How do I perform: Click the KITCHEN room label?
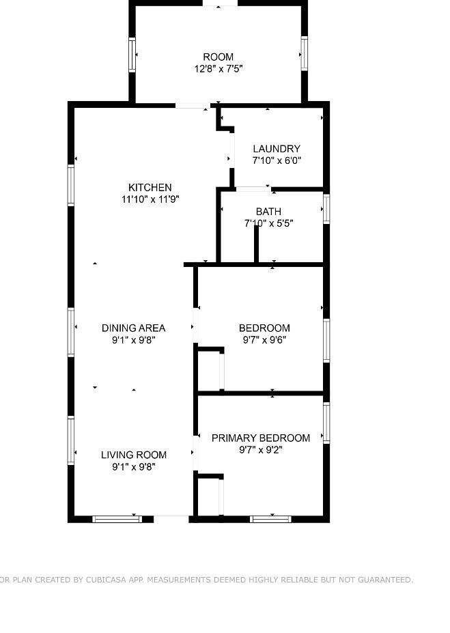pos(150,187)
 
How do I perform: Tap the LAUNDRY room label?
pos(277,149)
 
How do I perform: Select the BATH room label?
pos(268,212)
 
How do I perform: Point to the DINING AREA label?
pos(134,328)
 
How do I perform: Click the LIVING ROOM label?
pos(134,455)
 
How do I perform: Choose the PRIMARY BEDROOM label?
pos(261,438)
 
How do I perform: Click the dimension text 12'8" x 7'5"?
pos(219,68)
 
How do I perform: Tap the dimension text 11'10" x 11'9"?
pos(150,199)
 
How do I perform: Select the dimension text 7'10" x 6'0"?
pos(277,160)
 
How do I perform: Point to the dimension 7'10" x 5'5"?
pos(268,223)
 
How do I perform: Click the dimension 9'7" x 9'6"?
pos(264,339)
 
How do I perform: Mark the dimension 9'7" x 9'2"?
pos(261,449)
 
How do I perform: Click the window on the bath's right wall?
pos(326,209)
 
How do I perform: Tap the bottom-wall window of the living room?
pos(117,519)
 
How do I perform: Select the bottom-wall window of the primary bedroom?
pos(270,519)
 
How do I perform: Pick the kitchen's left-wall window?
pos(70,185)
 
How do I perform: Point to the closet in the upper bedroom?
pos(208,371)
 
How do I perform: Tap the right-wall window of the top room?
pos(304,53)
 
